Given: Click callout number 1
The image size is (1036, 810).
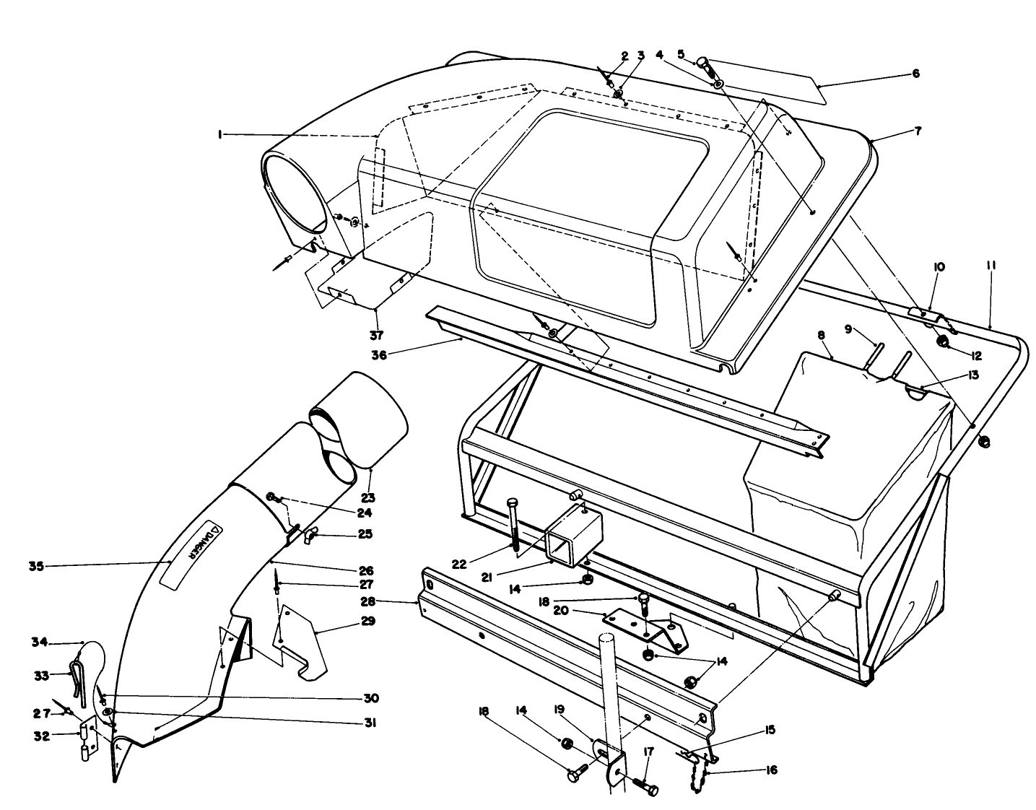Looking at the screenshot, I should click(217, 134).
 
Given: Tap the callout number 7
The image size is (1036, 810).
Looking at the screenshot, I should click(918, 131).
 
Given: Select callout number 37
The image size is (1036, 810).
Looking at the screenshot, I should click(376, 334).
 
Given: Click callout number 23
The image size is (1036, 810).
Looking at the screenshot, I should click(368, 497).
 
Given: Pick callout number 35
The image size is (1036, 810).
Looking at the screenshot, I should click(36, 566).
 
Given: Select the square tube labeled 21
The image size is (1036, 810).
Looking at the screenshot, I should click(566, 535).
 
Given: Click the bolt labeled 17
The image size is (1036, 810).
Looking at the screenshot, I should click(645, 785).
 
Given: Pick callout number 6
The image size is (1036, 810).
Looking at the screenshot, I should click(916, 74).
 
